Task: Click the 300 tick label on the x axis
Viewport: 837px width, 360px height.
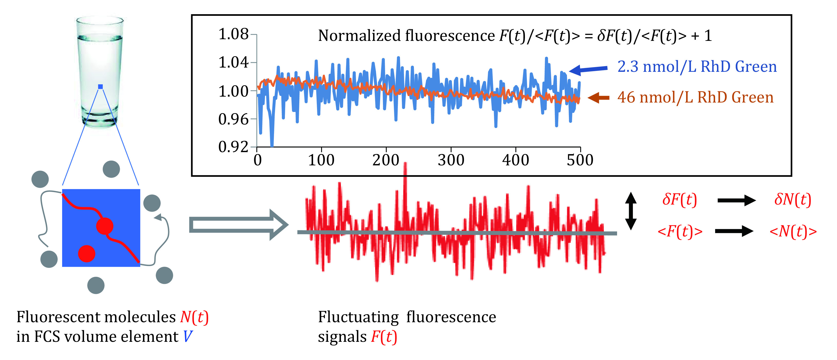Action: tap(451, 160)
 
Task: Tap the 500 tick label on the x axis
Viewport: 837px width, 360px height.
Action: tap(580, 160)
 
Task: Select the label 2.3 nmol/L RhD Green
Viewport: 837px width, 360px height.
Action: tap(697, 67)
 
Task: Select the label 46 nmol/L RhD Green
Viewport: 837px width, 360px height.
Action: tap(695, 98)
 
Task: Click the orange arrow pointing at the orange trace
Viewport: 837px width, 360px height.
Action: tap(598, 98)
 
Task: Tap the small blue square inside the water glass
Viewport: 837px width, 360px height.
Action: tap(100, 86)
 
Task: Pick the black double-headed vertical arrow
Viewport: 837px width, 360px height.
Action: tap(631, 211)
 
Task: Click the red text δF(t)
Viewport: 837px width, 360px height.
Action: tap(679, 200)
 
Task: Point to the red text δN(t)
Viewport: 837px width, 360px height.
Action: tap(793, 200)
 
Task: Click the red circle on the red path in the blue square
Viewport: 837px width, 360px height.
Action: tap(105, 226)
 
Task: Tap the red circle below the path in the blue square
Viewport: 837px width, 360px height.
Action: tap(86, 253)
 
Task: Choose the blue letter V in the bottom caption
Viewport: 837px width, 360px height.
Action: tap(188, 337)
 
